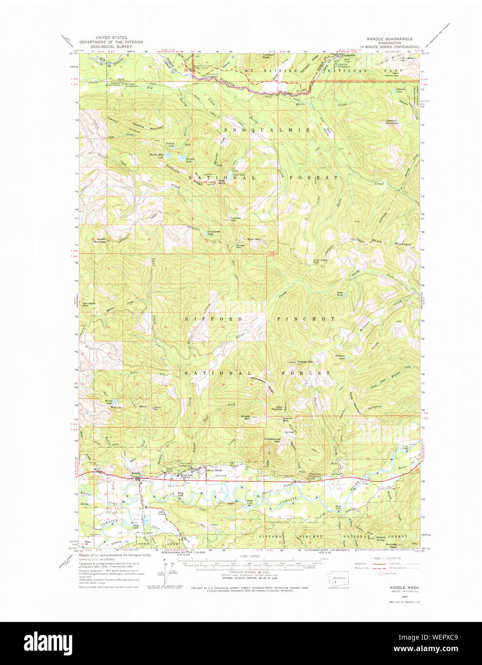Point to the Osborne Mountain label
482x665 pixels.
click(x=148, y=126)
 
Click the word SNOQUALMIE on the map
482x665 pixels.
click(x=267, y=130)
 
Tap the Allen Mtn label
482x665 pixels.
click(x=253, y=239)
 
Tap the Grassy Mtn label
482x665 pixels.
click(x=246, y=418)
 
